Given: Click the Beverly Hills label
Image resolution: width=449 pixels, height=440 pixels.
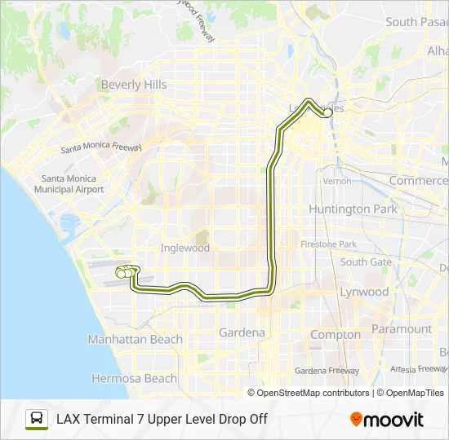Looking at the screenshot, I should (134, 85).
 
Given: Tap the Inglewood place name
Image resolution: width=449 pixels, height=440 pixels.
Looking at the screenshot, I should (185, 248).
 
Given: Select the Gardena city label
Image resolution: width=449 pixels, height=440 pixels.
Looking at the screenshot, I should (242, 332).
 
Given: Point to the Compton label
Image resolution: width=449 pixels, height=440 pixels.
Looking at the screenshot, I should (335, 334).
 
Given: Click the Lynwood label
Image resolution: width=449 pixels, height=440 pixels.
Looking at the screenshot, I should (364, 292).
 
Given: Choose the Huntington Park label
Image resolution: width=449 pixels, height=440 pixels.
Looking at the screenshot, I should (353, 209).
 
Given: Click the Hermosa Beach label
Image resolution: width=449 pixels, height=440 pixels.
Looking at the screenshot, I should (134, 378).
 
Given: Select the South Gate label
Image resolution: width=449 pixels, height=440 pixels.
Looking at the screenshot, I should (366, 262).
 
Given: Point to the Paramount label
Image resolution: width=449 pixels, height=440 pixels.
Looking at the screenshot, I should (401, 329).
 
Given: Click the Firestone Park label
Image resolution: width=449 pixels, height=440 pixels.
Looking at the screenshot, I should (328, 244).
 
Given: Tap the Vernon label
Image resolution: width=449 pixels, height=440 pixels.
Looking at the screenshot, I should (336, 181).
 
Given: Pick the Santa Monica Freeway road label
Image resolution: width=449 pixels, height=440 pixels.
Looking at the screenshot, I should (101, 149).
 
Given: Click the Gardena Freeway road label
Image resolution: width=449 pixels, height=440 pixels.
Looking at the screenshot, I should (327, 371).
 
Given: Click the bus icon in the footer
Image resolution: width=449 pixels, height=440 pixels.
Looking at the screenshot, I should (36, 419).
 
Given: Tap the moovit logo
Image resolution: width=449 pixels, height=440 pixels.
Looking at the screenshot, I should (387, 420).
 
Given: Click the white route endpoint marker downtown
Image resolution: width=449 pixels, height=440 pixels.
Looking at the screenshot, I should (327, 114).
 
